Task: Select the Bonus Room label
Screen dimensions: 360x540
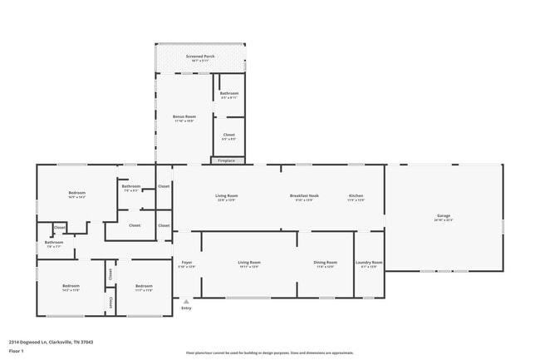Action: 184,118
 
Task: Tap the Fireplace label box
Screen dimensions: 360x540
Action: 227,160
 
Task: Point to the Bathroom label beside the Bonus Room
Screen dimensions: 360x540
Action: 229,94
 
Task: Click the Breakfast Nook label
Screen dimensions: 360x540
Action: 302,197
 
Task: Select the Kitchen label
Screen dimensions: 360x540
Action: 356,197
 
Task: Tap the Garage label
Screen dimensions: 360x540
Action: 444,218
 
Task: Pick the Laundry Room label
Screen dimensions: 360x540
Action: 369,264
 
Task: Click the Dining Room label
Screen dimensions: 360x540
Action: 326,264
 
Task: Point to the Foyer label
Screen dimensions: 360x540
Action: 187,264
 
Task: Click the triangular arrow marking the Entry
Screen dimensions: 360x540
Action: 186,301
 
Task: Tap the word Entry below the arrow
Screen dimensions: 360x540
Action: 186,308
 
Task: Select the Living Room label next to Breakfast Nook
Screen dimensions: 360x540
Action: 227,197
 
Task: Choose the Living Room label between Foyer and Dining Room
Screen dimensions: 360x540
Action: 249,264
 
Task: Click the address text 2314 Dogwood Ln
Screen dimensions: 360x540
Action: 37,341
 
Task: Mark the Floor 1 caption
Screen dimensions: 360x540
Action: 16,351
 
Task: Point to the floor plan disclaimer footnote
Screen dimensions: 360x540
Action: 270,353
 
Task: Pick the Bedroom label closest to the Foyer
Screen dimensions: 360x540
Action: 144,288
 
